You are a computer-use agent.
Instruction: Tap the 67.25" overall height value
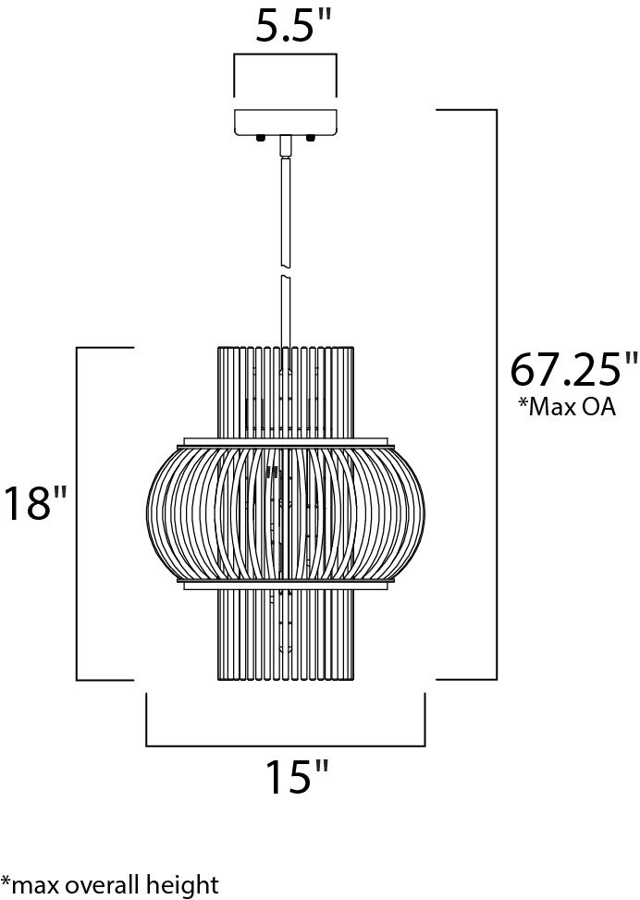pos(574,371)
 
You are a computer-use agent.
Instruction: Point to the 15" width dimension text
pos(297,777)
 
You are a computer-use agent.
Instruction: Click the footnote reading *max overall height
pos(110,884)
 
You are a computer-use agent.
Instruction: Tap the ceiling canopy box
pos(285,121)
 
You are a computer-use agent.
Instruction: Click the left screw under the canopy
pos(260,139)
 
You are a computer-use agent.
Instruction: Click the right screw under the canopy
pos(311,139)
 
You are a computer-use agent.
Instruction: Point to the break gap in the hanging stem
pos(285,271)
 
